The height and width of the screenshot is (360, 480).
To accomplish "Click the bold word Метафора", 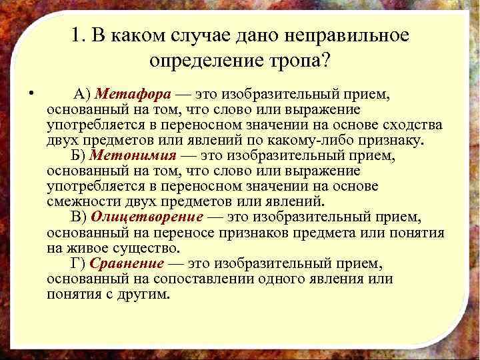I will (130, 93).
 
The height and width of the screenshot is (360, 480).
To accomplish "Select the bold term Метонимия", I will (133, 155).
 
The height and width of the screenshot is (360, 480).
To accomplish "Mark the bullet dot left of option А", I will (33, 93).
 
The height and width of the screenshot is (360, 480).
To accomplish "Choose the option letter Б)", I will (77, 155).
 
